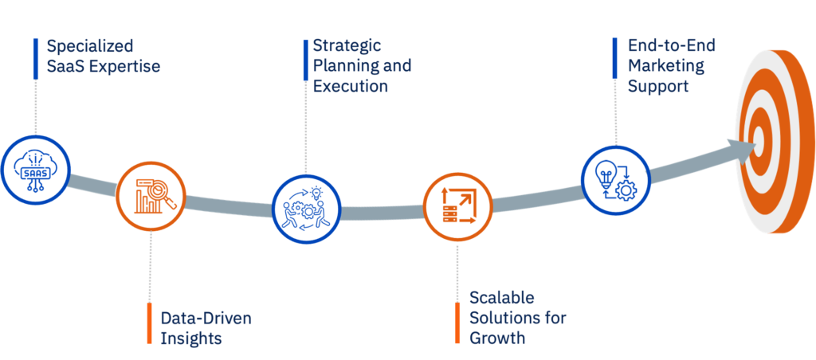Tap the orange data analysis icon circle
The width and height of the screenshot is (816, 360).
point(151,195)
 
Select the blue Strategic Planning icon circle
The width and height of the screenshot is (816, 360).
point(304,209)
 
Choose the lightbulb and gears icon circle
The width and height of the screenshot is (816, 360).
point(614,179)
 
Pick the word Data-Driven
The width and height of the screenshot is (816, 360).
point(206,319)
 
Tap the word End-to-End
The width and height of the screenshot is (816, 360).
point(672,45)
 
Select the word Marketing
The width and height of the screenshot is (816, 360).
point(666,65)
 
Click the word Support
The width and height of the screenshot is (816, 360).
point(658,86)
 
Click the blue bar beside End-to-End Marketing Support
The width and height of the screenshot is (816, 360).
point(615,65)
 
